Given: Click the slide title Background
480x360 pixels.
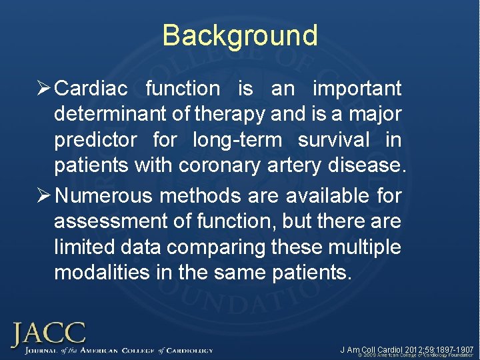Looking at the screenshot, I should pos(240,35).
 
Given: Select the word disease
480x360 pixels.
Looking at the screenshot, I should pos(367,166).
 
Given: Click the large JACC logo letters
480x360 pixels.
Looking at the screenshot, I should pos(47,333).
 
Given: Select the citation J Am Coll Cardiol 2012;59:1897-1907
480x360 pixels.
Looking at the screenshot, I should pos(407,349).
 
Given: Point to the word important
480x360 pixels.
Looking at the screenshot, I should pos(357,88).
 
